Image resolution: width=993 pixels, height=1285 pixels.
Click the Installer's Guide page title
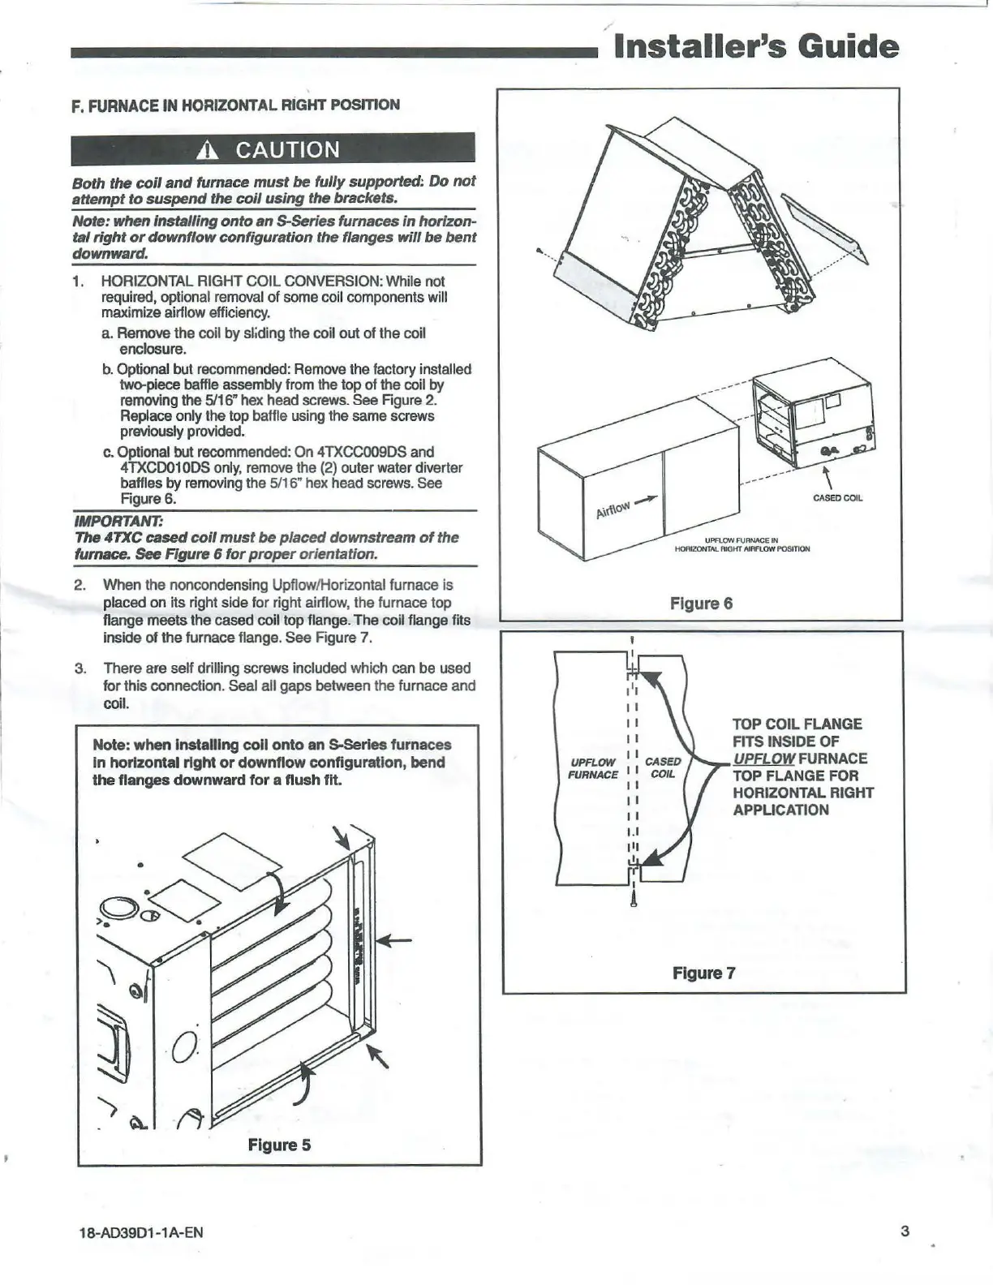pos(757,46)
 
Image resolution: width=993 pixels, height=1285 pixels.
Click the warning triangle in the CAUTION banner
pos(209,150)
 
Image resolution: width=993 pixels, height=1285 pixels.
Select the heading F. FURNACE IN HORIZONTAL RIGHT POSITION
pos(235,105)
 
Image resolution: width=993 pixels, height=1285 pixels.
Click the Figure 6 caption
pos(701,604)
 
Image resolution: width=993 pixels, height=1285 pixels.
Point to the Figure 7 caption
pos(703,973)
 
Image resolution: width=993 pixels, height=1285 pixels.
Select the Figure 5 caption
pos(279,1145)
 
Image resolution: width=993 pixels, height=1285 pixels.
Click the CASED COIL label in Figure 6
pos(837,498)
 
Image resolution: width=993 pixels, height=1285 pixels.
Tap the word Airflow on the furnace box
pos(613,509)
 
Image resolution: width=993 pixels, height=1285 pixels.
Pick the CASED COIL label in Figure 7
pos(663,767)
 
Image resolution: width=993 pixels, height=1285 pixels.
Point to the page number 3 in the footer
pos(905,1231)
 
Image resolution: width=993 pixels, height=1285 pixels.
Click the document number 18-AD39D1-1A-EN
pos(137,1233)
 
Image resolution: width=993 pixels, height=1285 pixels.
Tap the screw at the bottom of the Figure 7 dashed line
pos(633,898)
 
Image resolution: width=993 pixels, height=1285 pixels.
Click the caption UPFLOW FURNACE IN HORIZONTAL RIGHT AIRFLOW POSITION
pos(742,544)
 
